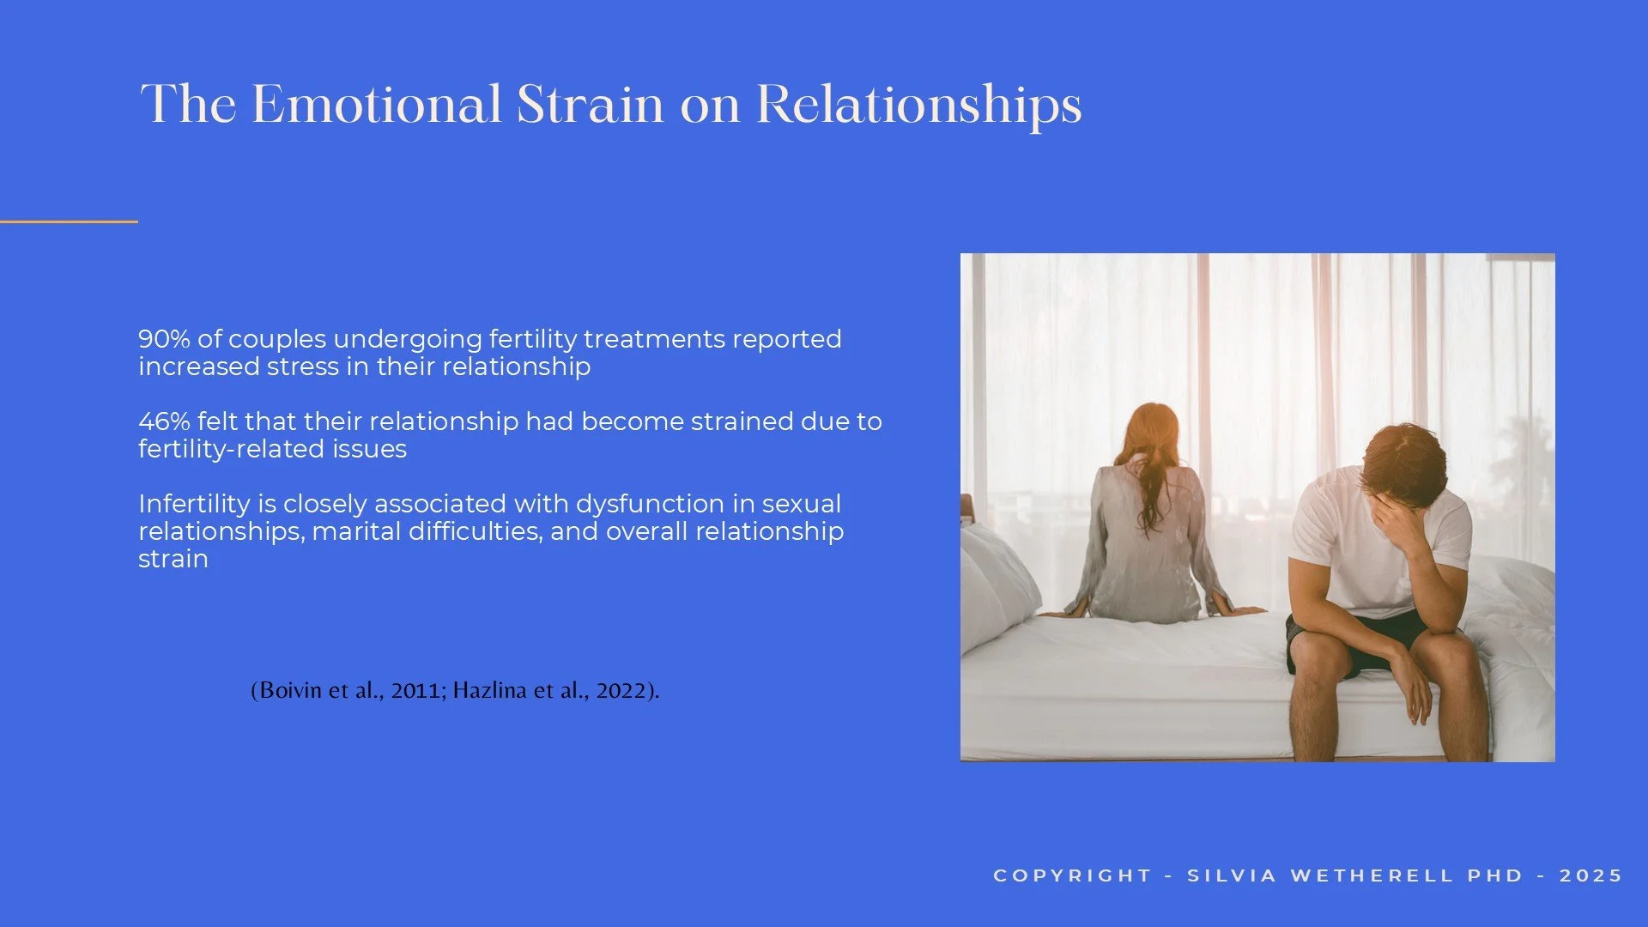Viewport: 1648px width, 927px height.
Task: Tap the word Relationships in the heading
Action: tap(918, 106)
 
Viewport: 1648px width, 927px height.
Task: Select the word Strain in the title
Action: tap(590, 105)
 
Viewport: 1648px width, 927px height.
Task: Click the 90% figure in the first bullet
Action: tap(164, 339)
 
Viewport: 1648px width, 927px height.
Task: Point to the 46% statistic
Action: tap(164, 421)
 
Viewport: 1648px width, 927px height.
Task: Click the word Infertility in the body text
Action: tap(192, 504)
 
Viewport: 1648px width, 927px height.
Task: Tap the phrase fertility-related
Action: tap(234, 449)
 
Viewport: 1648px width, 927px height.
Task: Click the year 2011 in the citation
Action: tap(415, 690)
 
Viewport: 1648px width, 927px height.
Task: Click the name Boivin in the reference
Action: tap(288, 690)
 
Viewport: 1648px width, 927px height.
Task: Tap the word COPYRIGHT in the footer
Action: tap(1072, 875)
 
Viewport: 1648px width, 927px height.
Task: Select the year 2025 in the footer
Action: tap(1590, 875)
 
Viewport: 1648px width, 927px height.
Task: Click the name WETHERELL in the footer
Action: tap(1371, 875)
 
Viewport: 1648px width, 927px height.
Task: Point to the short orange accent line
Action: tap(69, 221)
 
